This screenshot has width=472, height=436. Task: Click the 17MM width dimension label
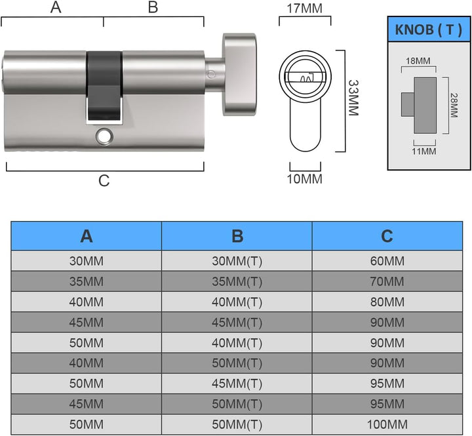click(x=305, y=9)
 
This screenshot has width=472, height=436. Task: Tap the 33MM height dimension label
click(x=353, y=98)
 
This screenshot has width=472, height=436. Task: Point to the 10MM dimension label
click(x=305, y=179)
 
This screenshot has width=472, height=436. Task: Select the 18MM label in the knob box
click(x=418, y=61)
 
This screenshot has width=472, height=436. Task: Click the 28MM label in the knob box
click(x=454, y=105)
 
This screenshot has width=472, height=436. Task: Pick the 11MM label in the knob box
click(x=424, y=151)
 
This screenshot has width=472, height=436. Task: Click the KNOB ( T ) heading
click(x=428, y=30)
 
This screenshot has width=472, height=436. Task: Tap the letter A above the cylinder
click(x=56, y=7)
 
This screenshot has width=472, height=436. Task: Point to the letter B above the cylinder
click(x=153, y=7)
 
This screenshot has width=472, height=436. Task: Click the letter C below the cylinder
click(x=104, y=181)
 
